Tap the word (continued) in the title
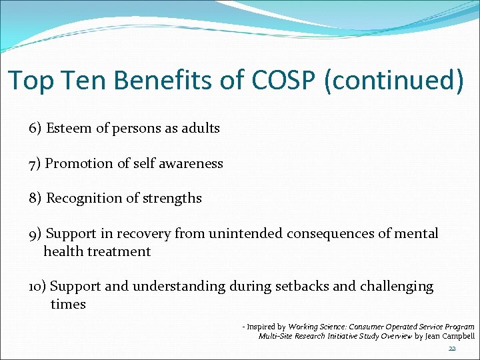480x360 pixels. click(x=393, y=80)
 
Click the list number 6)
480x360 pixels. click(x=35, y=129)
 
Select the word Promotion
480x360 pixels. click(x=81, y=163)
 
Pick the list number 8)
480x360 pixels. click(x=35, y=198)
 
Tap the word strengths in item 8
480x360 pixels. click(x=173, y=198)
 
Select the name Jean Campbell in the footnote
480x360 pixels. click(x=450, y=336)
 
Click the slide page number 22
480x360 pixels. click(x=452, y=349)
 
